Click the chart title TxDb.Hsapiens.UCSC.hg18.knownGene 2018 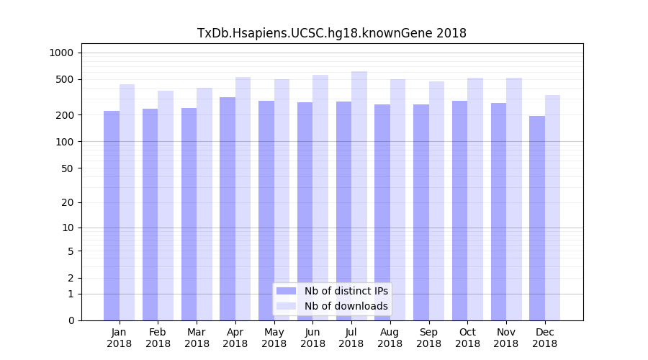[x=332, y=33]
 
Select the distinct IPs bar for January [x=112, y=216]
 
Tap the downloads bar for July [x=359, y=196]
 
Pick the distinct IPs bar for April [x=228, y=209]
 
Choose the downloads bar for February [x=166, y=205]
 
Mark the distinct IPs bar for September [x=421, y=212]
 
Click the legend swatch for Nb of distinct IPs [x=286, y=291]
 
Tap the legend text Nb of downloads [x=346, y=306]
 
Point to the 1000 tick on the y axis [x=61, y=53]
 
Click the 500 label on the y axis [x=64, y=79]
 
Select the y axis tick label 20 [x=67, y=202]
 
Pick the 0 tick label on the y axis [x=71, y=320]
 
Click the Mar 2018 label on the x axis [x=197, y=338]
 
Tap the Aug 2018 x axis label [x=390, y=338]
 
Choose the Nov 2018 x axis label [x=506, y=338]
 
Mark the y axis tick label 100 [x=64, y=142]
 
